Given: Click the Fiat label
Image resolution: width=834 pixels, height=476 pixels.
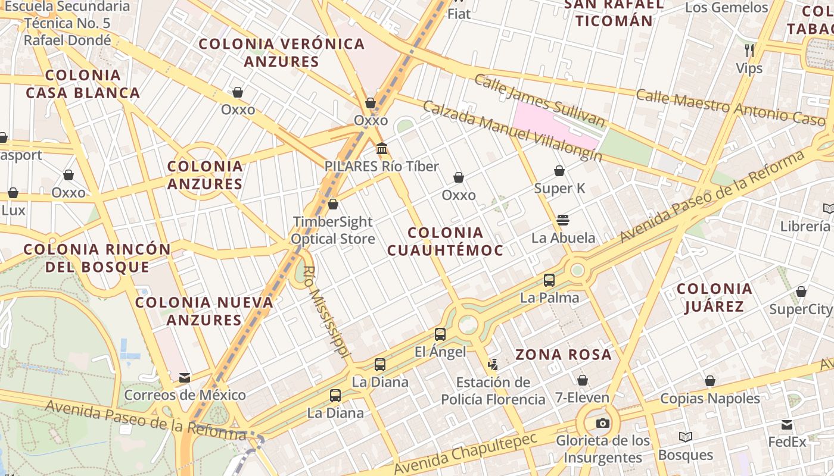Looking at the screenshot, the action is [459, 13].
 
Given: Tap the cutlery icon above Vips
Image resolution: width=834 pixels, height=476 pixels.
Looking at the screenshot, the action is [749, 50].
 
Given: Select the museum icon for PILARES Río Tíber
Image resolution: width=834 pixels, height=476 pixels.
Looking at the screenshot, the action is [382, 148].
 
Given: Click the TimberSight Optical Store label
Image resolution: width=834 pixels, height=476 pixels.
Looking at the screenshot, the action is [332, 230].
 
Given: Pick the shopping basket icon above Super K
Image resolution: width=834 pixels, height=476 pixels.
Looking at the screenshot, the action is [559, 171].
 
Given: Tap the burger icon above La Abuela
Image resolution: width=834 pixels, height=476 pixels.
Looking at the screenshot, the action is [563, 220].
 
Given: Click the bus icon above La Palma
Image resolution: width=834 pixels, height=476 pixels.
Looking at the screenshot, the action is [549, 280].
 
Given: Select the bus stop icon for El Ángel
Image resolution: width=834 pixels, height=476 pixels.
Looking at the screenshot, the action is [440, 334].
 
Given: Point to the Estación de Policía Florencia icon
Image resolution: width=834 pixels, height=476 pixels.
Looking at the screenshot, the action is [493, 364].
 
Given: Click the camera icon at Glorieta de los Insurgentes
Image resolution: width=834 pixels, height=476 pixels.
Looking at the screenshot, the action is [603, 424].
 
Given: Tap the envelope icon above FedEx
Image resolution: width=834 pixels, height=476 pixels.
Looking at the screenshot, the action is [787, 425].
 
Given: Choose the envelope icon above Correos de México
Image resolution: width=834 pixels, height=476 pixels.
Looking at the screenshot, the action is [185, 378].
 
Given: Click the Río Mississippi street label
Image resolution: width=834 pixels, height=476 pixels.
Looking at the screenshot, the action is [325, 311].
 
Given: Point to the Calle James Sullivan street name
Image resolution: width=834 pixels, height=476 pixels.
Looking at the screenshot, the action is [539, 101].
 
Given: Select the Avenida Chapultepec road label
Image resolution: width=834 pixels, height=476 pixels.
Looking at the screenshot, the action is [465, 453].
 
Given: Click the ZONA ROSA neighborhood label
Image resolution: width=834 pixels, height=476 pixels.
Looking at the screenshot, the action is [564, 355].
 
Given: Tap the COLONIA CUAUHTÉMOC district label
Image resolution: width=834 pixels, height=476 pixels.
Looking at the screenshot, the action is [446, 241].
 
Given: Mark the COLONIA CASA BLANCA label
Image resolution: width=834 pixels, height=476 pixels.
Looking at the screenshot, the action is [83, 84].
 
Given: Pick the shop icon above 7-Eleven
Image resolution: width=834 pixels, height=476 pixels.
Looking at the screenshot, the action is [583, 380].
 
